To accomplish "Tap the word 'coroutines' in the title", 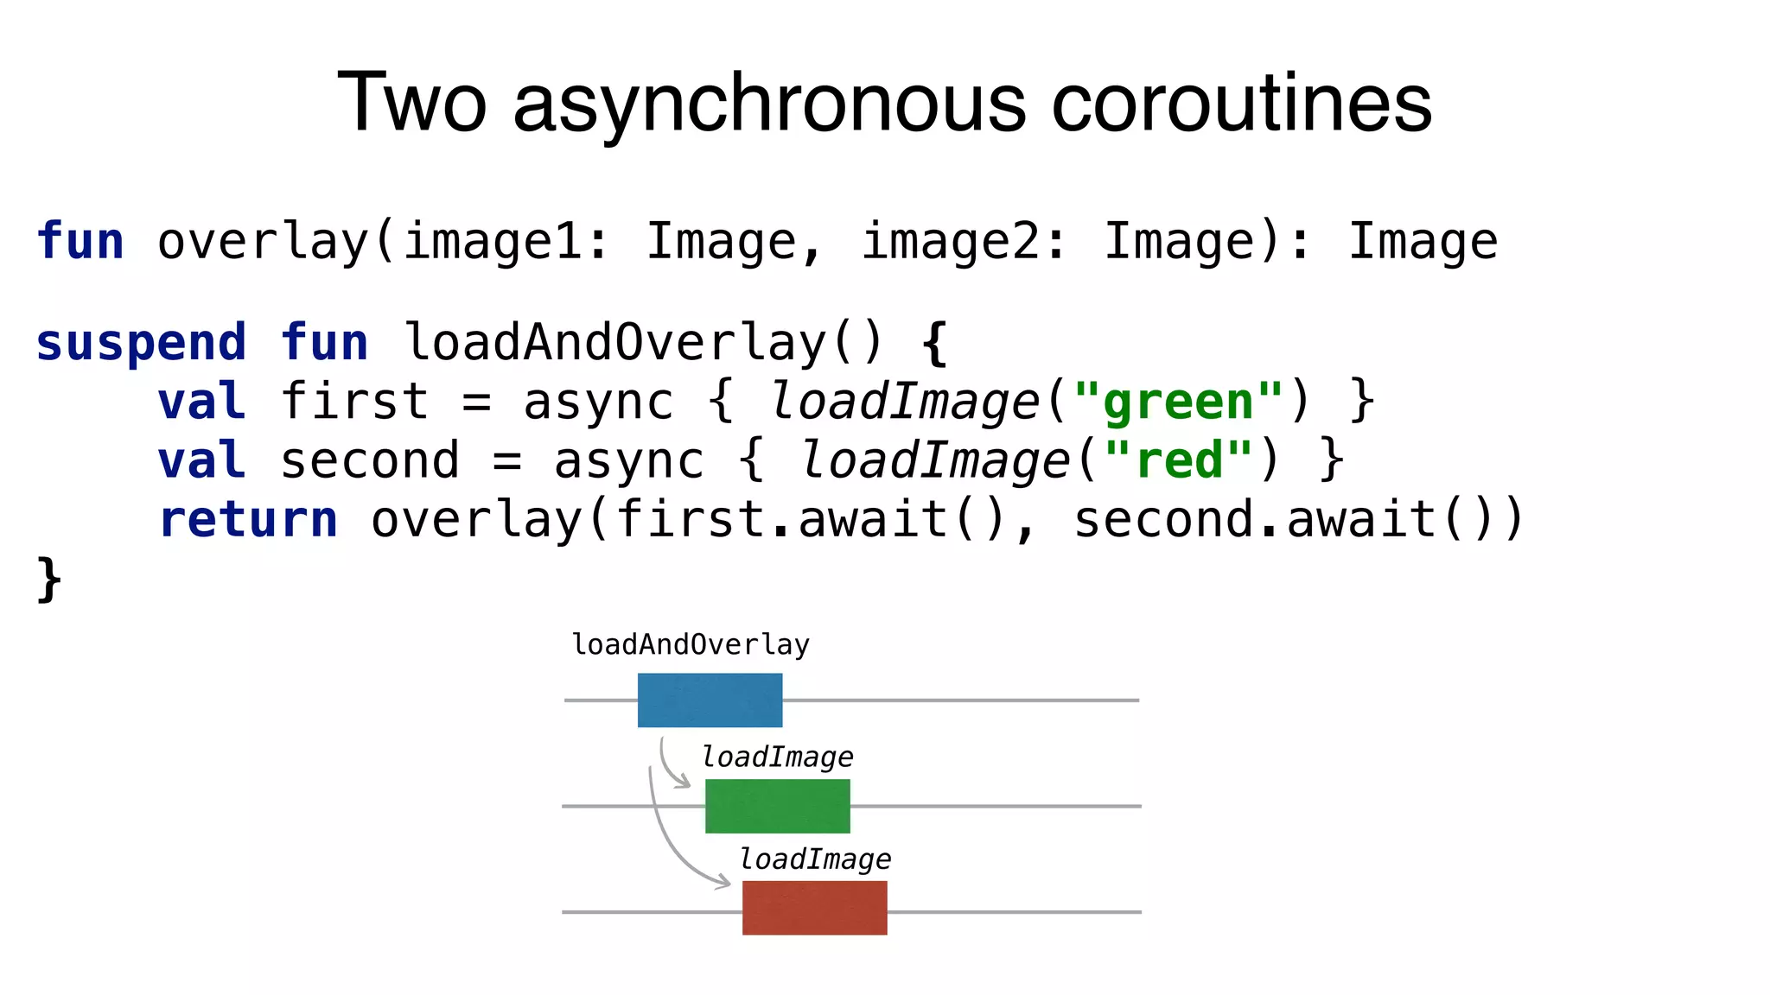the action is pyautogui.click(x=1241, y=104).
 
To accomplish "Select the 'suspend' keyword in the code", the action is pyautogui.click(x=141, y=343).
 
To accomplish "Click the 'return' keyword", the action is pyautogui.click(x=248, y=520).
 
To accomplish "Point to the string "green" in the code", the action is pyautogui.click(x=1179, y=402).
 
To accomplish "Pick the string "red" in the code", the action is pyautogui.click(x=1179, y=460).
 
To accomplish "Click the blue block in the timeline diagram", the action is pyautogui.click(x=710, y=700).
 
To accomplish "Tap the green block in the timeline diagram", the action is pyautogui.click(x=777, y=806).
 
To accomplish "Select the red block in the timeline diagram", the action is pyautogui.click(x=814, y=908).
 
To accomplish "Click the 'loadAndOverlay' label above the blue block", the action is pyautogui.click(x=691, y=644).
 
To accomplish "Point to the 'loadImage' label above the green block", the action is pyautogui.click(x=777, y=757).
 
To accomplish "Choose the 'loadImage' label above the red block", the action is pyautogui.click(x=815, y=859).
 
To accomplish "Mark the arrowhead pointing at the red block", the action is pyautogui.click(x=724, y=883).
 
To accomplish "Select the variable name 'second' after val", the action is pyautogui.click(x=369, y=460).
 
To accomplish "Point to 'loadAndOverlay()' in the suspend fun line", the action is pyautogui.click(x=643, y=343).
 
